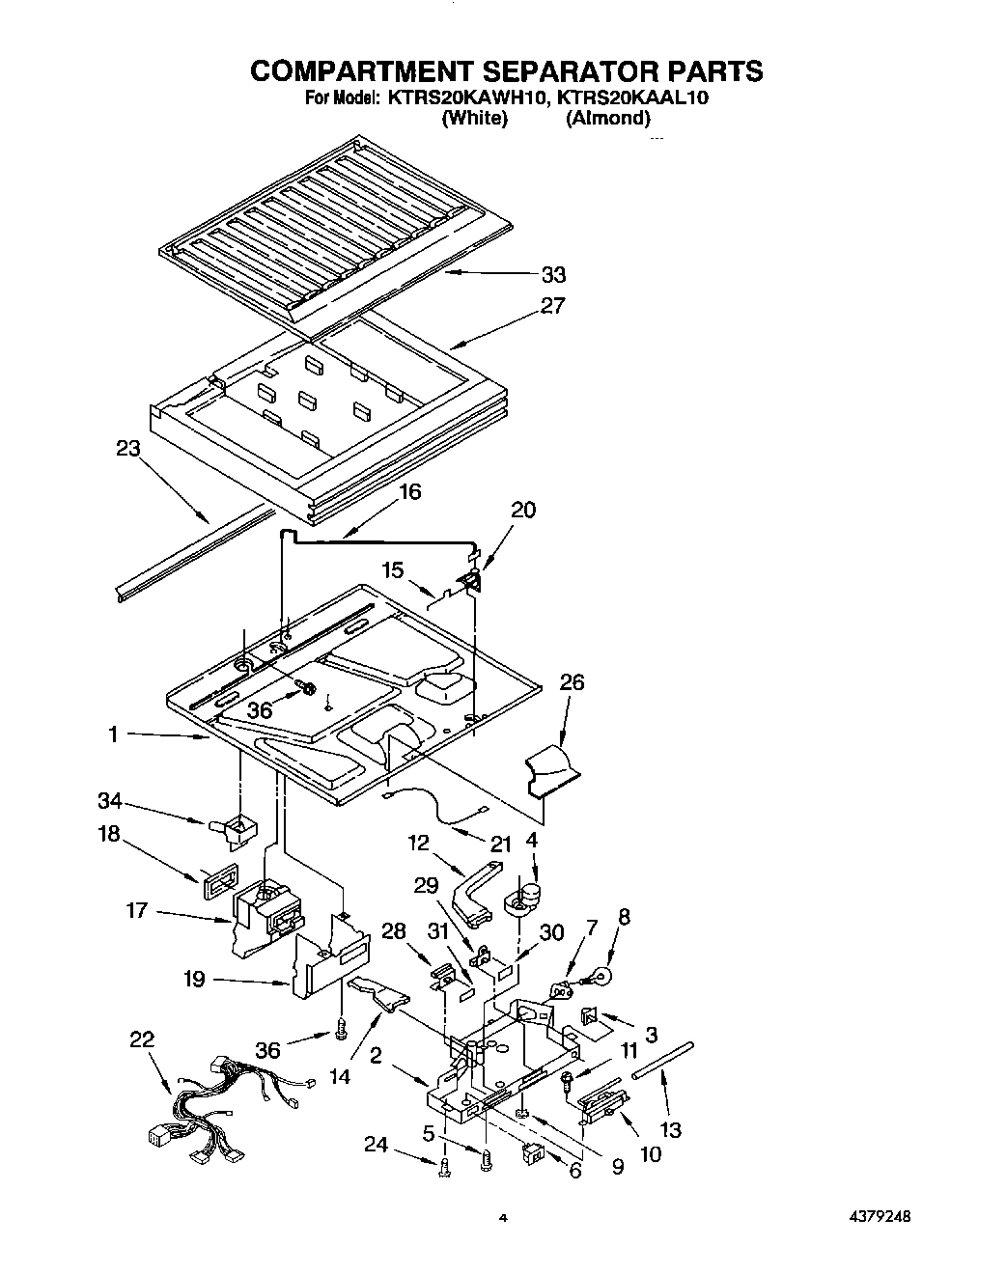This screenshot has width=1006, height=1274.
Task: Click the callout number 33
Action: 553,275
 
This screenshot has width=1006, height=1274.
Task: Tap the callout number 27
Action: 553,306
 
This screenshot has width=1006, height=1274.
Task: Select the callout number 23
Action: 127,449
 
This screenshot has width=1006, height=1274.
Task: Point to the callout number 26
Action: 572,682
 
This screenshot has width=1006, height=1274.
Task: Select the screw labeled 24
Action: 444,1170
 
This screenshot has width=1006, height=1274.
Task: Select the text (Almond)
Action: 607,119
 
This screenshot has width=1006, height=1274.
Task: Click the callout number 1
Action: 113,735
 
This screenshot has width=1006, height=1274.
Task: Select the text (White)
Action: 473,119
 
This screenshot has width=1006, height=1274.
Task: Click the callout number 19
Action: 195,980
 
